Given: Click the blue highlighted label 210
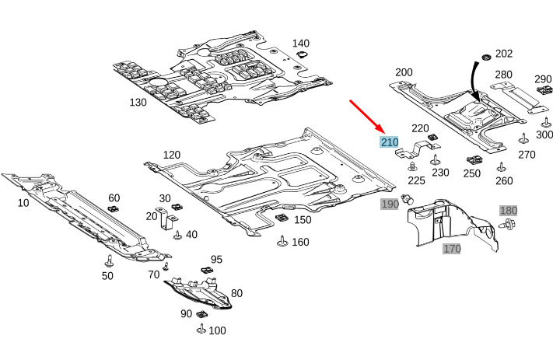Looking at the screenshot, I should pos(389,142).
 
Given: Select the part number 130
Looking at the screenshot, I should pos(138,102).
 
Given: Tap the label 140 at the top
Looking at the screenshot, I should pos(300,44).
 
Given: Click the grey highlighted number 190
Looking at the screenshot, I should pos(389,204).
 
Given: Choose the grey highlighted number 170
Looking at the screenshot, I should pos(452,249).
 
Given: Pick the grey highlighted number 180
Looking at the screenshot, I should pos(508,211).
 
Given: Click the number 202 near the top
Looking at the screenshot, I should pos(503,54).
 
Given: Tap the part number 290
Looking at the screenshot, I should pos(542,79).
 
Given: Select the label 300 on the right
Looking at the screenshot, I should pos(544,135).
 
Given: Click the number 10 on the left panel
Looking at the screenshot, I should pos(23,202).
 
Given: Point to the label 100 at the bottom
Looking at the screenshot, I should pos(217,330).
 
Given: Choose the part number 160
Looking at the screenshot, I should pos(300,242).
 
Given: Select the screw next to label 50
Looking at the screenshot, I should pos(110,260).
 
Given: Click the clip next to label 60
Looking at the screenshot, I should pos(113,210).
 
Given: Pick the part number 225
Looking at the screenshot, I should pos(416,180).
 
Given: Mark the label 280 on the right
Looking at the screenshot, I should pos(503,75).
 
